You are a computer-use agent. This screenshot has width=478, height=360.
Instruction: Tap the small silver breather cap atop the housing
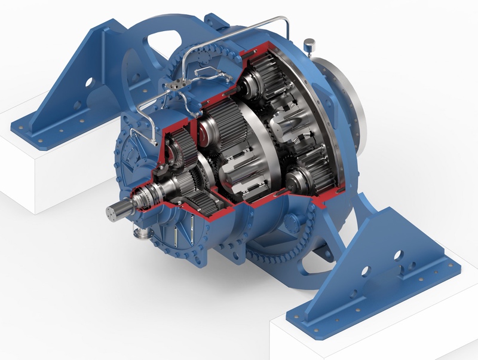point(310,44)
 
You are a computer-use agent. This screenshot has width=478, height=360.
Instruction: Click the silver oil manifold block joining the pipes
point(177,88)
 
